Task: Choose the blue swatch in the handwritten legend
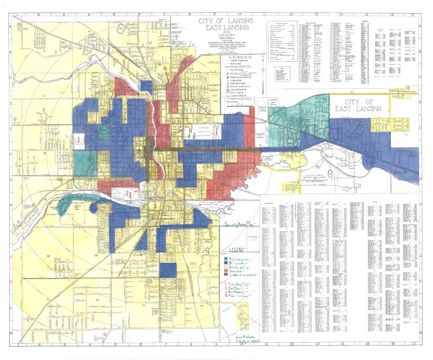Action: pyautogui.click(x=226, y=262)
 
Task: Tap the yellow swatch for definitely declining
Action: pyautogui.click(x=226, y=267)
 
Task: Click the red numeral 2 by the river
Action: pyautogui.click(x=128, y=194)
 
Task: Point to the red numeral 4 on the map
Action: pyautogui.click(x=166, y=69)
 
